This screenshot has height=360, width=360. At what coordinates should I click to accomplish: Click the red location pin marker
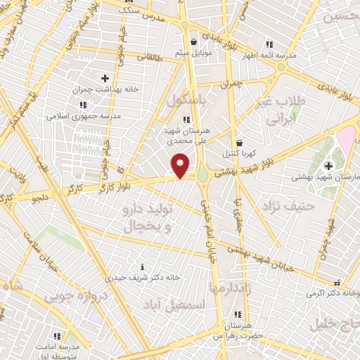click(181, 166)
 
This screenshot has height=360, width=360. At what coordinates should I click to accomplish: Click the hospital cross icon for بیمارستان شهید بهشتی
click(328, 165)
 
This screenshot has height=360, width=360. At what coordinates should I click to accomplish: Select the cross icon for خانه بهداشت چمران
click(105, 78)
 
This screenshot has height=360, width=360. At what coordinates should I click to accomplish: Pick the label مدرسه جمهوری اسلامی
click(84, 115)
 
